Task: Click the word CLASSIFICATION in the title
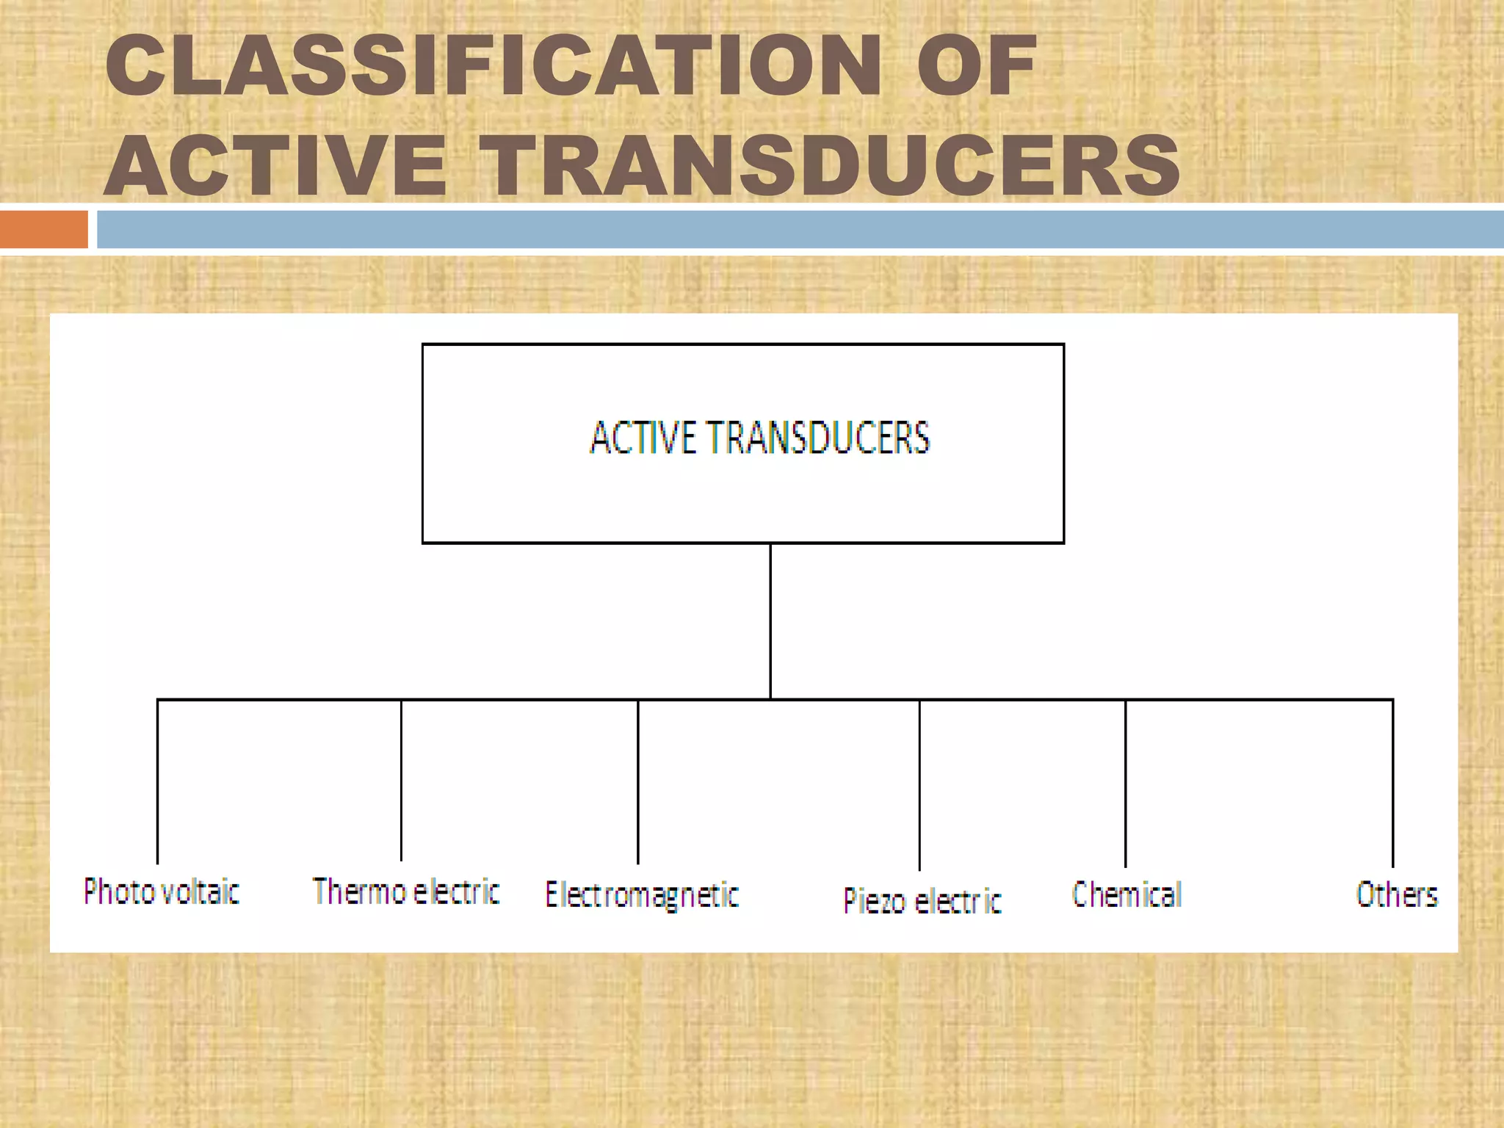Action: point(493,66)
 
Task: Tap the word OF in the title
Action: point(977,66)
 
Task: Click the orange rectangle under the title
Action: point(43,229)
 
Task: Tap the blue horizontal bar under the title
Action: point(800,229)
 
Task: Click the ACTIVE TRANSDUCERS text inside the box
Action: point(760,438)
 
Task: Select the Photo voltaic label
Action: point(162,892)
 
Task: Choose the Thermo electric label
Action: point(406,892)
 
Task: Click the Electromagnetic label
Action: point(642,895)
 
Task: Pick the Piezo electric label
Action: point(922,901)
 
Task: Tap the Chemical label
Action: point(1127,894)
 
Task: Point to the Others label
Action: point(1397,894)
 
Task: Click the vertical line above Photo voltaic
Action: point(158,782)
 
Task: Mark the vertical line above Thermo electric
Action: point(401,780)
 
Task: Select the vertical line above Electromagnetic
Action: point(638,782)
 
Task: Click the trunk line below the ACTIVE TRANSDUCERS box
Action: point(770,621)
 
